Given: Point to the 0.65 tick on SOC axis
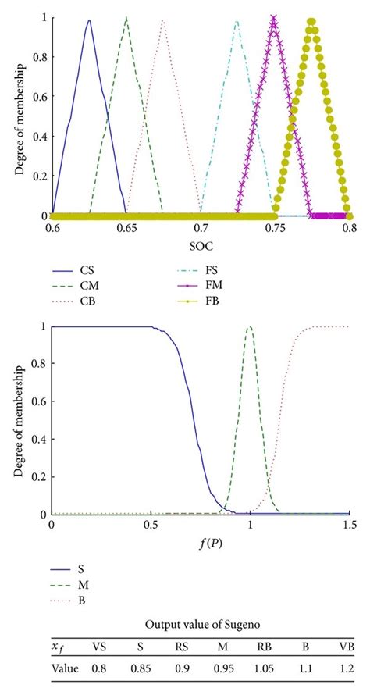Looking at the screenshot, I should click(126, 229).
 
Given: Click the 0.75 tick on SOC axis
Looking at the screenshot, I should click(274, 229).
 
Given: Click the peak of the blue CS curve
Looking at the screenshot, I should click(89, 21).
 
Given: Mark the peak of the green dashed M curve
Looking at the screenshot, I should click(250, 326).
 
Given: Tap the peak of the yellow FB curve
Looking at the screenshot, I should click(311, 21).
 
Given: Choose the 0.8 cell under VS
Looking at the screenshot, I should click(99, 668).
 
